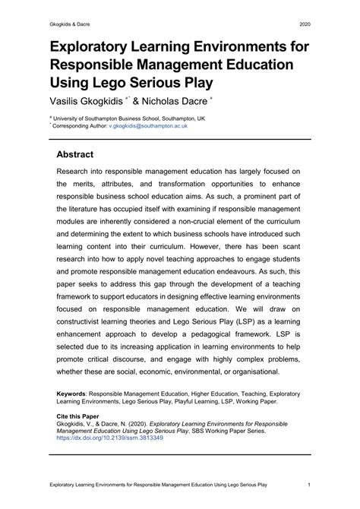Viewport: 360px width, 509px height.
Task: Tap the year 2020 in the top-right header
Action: click(301, 24)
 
